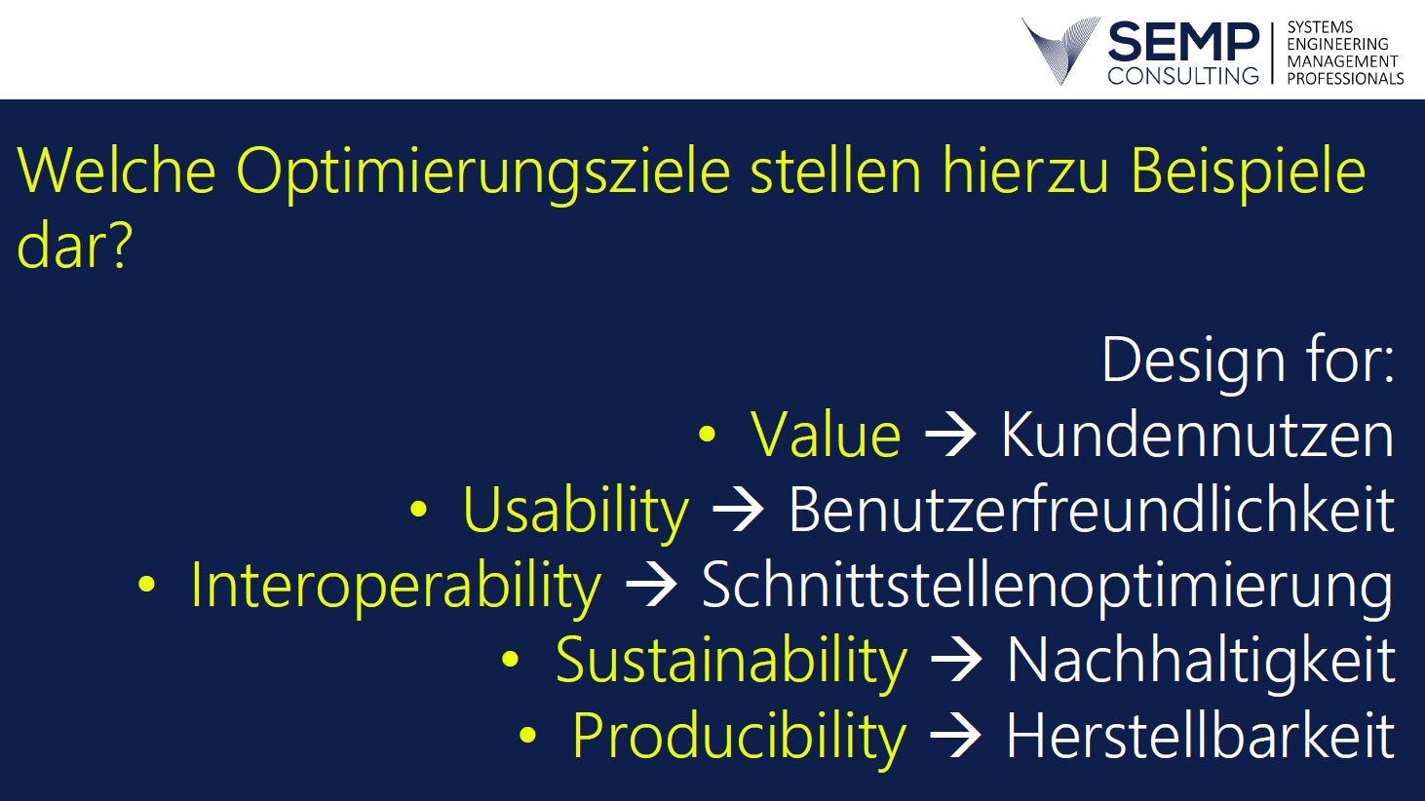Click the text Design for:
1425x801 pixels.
point(1249,361)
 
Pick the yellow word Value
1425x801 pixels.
point(826,434)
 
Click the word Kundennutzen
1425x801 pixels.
point(1198,434)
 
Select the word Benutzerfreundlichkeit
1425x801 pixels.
point(1092,509)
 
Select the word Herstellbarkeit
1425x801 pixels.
point(1201,734)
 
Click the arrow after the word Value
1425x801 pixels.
point(950,434)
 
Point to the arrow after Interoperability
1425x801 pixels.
point(651,585)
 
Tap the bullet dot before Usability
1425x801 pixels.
point(418,509)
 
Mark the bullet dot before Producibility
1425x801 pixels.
point(528,735)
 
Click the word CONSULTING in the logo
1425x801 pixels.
point(1183,76)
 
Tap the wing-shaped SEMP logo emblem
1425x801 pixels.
point(1059,50)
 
